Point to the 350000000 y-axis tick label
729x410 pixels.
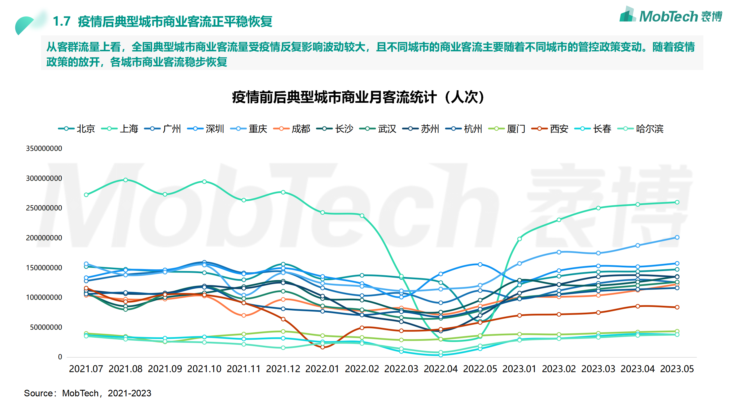(44, 148)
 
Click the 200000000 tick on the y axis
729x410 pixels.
(44, 238)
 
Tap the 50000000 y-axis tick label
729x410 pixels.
(46, 327)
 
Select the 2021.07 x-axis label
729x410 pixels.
(86, 369)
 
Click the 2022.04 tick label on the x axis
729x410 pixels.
(441, 369)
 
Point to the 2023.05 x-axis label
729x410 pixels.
(677, 369)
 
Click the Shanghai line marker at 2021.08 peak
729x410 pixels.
(126, 180)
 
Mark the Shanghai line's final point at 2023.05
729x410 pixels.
(677, 202)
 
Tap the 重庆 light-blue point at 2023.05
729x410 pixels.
(677, 237)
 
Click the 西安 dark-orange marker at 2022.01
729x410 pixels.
(322, 347)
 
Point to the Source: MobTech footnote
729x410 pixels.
(87, 393)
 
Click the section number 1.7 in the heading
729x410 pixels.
(62, 21)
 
